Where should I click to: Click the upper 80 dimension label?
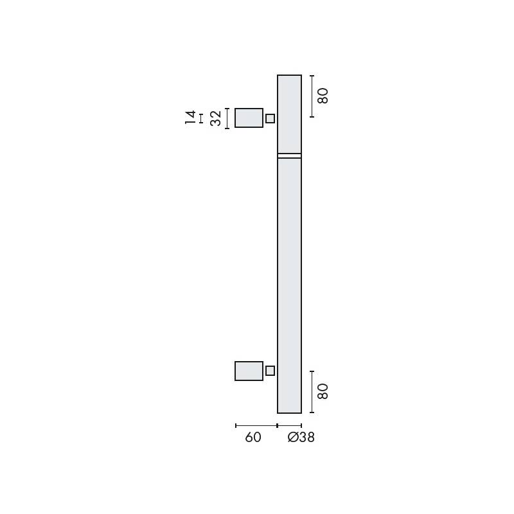coord(323,96)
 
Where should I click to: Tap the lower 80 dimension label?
coord(323,391)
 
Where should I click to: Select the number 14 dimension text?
coord(190,118)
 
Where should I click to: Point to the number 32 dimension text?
coord(216,118)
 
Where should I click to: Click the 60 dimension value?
coord(253,438)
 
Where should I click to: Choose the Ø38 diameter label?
coord(301,438)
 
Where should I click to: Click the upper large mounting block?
coord(249,118)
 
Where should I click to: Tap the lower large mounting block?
coord(249,371)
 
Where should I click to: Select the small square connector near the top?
coord(270,118)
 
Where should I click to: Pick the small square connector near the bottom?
coord(270,371)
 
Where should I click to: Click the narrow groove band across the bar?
coord(289,155)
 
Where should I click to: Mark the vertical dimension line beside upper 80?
coord(312,96)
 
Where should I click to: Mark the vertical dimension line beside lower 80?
coord(312,392)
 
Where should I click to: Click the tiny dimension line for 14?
coord(201,118)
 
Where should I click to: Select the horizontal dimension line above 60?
coord(256,425)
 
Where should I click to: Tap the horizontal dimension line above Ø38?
coord(289,425)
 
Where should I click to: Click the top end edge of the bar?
coord(289,76)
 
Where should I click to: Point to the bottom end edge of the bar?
coord(289,412)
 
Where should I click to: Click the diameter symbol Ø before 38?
coord(293,438)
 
